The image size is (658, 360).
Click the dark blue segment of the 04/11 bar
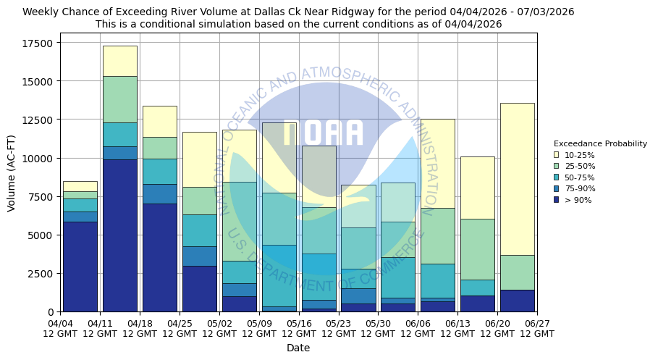[119, 235]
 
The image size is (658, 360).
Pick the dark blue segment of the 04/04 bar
[80, 267]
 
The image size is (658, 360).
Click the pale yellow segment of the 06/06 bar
[437, 163]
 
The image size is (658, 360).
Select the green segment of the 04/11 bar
[119, 99]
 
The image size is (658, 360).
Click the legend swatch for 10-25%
[556, 155]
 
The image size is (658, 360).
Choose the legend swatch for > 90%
[556, 199]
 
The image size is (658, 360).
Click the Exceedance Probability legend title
[600, 143]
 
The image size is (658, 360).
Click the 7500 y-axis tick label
[41, 197]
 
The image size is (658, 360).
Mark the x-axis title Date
[298, 348]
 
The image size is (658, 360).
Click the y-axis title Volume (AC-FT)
[12, 172]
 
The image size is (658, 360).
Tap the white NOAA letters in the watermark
[323, 133]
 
